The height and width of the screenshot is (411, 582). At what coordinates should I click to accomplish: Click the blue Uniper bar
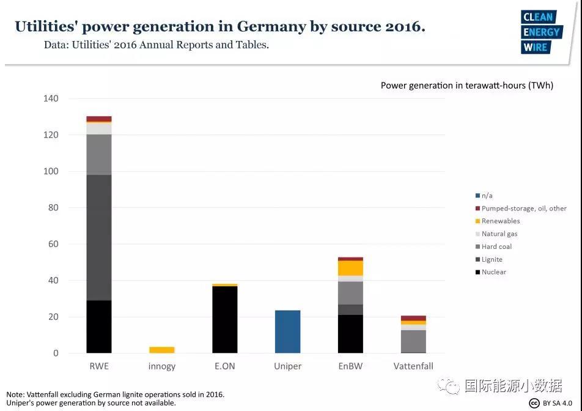click(287, 331)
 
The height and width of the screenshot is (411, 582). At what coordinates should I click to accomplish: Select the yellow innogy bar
click(161, 350)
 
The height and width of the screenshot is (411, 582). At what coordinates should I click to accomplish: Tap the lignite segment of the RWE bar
click(99, 237)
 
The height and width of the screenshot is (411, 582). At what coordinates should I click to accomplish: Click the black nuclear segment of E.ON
click(224, 319)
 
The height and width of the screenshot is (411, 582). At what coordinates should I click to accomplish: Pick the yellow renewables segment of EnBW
click(350, 268)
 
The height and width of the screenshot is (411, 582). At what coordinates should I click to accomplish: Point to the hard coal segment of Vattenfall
click(413, 341)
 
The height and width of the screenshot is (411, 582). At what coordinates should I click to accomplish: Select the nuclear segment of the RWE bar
click(99, 327)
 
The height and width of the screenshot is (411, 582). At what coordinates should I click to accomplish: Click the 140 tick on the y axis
click(51, 98)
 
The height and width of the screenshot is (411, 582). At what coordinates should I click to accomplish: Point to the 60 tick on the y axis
click(53, 244)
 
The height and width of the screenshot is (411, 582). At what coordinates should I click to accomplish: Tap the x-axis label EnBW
click(350, 366)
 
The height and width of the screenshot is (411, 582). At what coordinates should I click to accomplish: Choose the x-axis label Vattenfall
click(413, 366)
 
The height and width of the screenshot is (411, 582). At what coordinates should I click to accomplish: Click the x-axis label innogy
click(161, 366)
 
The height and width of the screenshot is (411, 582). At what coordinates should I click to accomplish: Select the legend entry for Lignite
click(492, 259)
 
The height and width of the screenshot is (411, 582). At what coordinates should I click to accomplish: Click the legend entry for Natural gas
click(499, 234)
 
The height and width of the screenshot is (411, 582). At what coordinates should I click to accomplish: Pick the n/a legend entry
click(487, 196)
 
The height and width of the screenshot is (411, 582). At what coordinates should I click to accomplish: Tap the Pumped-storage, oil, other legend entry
click(523, 209)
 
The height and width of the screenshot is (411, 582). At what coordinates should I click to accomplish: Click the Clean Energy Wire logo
click(540, 32)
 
